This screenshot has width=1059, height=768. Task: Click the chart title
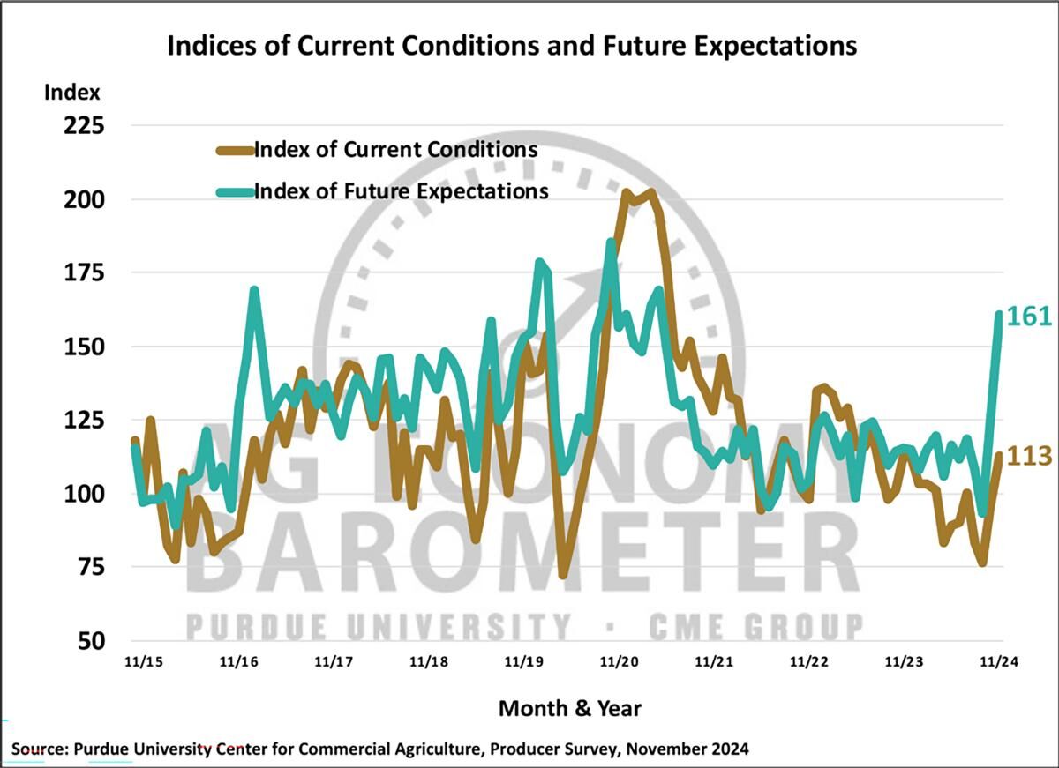[512, 46]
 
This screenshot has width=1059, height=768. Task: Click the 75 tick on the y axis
[92, 567]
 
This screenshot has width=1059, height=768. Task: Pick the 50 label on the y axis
[92, 641]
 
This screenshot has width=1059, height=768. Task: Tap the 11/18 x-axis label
[428, 661]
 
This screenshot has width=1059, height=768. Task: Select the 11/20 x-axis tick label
[620, 661]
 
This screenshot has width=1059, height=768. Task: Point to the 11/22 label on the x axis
[809, 661]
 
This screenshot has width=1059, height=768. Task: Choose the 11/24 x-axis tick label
[998, 661]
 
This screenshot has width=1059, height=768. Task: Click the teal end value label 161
[1029, 317]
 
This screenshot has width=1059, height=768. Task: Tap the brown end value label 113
[1029, 456]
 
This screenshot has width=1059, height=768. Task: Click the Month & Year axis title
[569, 708]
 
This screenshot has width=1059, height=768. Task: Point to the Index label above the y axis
[72, 92]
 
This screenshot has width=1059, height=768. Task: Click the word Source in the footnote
[38, 749]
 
